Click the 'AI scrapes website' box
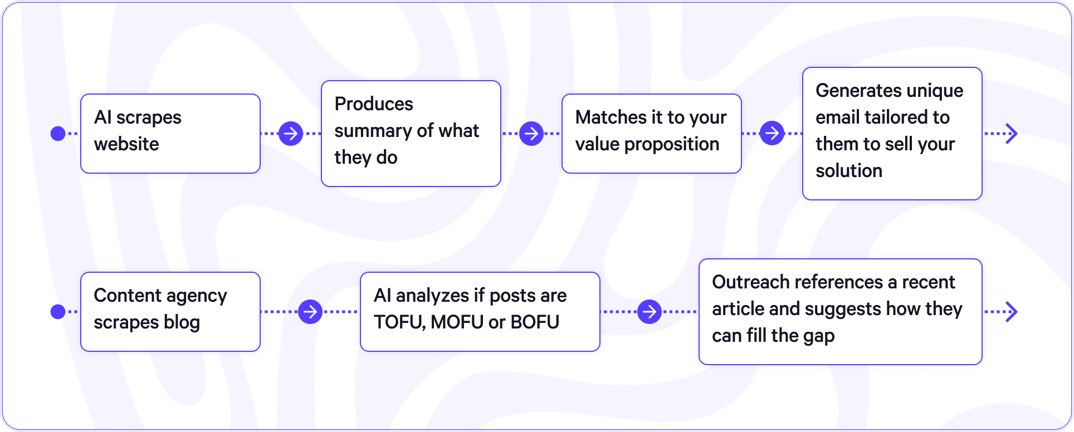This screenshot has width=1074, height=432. [170, 134]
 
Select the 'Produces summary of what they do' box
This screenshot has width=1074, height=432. [411, 134]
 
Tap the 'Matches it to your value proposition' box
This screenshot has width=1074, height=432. [651, 134]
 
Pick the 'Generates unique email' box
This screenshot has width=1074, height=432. [892, 134]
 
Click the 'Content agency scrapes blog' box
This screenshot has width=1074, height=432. [170, 312]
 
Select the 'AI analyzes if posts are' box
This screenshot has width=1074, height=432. [480, 312]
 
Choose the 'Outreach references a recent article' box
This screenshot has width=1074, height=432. [840, 312]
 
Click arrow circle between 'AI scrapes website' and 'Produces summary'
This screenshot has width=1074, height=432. [291, 134]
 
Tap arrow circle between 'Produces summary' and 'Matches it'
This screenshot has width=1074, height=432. [531, 134]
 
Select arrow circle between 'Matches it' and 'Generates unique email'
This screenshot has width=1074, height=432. [772, 134]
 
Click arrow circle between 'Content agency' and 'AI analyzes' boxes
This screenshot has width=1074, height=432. [310, 312]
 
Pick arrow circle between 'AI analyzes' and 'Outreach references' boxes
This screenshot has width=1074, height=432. [650, 312]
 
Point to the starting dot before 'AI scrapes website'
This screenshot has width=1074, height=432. [58, 134]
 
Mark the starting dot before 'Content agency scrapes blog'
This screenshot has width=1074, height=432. [58, 312]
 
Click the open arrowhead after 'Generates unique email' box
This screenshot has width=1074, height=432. [1012, 134]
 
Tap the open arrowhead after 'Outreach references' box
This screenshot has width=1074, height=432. [1012, 312]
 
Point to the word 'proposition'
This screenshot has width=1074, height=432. [671, 144]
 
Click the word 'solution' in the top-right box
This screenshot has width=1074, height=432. [848, 171]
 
